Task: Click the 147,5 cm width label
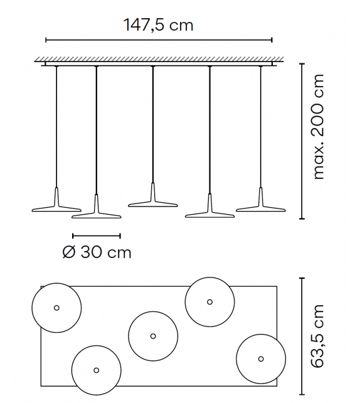(159, 25)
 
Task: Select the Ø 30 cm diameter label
(97, 252)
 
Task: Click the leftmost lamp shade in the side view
(56, 205)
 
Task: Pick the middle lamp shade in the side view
(152, 200)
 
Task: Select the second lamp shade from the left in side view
(96, 213)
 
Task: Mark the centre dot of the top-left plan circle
(56, 308)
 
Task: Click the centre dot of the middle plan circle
(152, 336)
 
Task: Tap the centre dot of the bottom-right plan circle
(261, 358)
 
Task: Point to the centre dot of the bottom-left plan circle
(96, 369)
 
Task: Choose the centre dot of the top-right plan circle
(209, 302)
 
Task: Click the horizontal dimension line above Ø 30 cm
(96, 236)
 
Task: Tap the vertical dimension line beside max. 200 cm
(302, 141)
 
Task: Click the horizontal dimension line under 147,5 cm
(159, 41)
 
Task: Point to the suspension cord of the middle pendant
(152, 126)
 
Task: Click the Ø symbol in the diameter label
(69, 252)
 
